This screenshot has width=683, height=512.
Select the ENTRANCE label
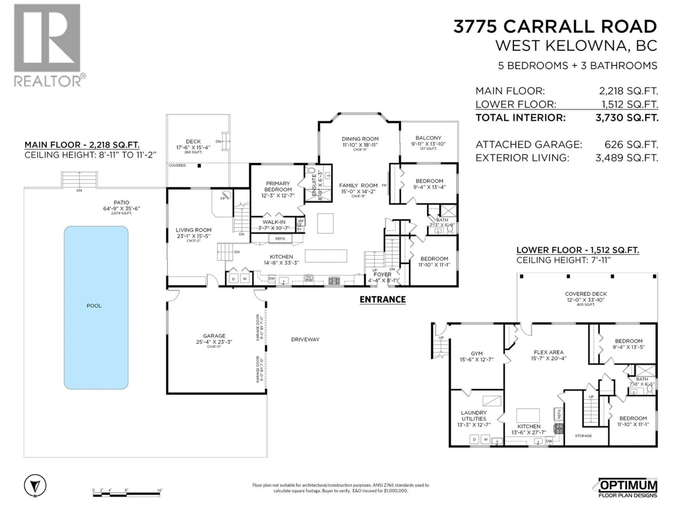[x=383, y=299]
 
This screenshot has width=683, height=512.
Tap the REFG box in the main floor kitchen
[x=280, y=239]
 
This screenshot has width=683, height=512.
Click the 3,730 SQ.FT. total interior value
[x=627, y=118]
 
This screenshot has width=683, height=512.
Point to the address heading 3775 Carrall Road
[x=555, y=26]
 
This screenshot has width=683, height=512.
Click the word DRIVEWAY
[x=305, y=340]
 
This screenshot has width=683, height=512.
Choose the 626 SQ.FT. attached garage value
[x=631, y=144]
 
